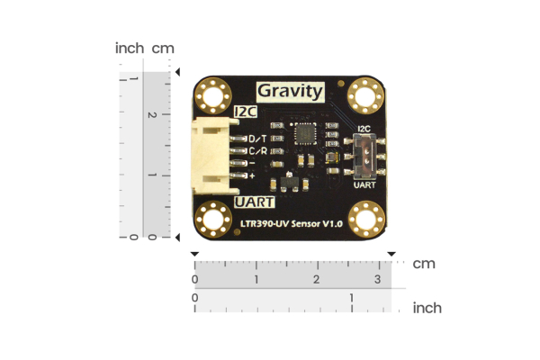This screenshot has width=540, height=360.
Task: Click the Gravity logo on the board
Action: click(290, 91)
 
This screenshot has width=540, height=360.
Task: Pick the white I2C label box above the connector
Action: click(245, 112)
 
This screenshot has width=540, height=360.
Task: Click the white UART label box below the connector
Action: click(252, 202)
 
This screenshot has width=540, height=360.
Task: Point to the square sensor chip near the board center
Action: click(305, 133)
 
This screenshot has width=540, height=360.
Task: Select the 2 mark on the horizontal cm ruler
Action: click(316, 280)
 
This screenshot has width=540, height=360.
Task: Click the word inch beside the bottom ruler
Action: click(427, 308)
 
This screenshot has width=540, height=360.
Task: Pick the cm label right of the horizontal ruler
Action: click(424, 264)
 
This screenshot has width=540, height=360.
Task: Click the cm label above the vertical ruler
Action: click(163, 48)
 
